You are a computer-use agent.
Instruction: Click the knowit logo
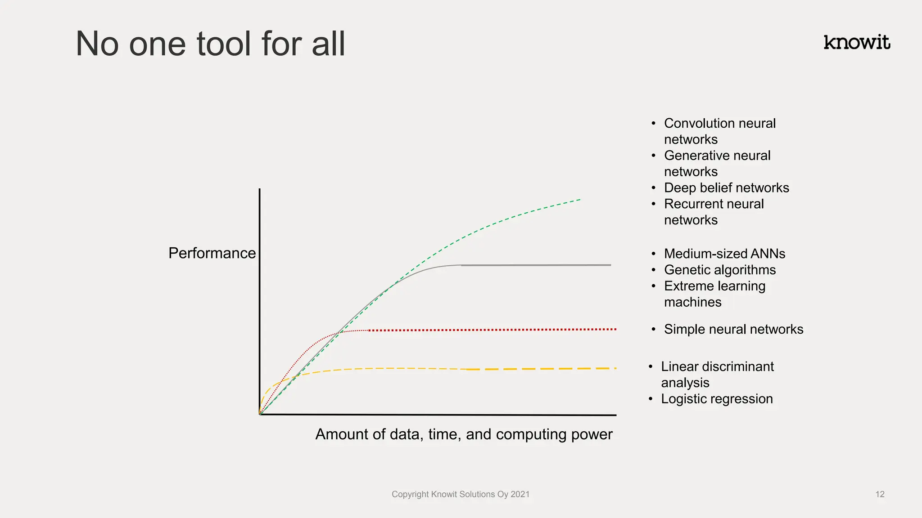[857, 42]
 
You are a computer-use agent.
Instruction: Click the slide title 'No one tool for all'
[210, 44]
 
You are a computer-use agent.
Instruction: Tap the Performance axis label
[212, 253]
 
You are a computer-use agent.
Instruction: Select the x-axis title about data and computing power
[464, 434]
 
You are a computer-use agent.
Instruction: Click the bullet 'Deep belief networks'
[726, 188]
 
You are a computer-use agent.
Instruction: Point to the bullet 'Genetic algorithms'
[719, 270]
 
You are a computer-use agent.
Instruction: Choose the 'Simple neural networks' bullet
[733, 329]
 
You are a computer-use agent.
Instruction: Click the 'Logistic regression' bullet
[716, 399]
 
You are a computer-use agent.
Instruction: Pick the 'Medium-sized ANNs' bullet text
[724, 254]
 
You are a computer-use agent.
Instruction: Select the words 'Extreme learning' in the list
[714, 286]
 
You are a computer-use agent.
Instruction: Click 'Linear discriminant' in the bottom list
[717, 366]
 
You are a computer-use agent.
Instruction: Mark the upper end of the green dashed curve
[579, 200]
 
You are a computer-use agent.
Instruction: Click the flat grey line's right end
[610, 265]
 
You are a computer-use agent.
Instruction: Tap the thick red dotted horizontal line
[495, 330]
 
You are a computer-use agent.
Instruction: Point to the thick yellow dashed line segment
[540, 369]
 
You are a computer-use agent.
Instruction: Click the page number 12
[880, 495]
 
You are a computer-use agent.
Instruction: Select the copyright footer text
[460, 494]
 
